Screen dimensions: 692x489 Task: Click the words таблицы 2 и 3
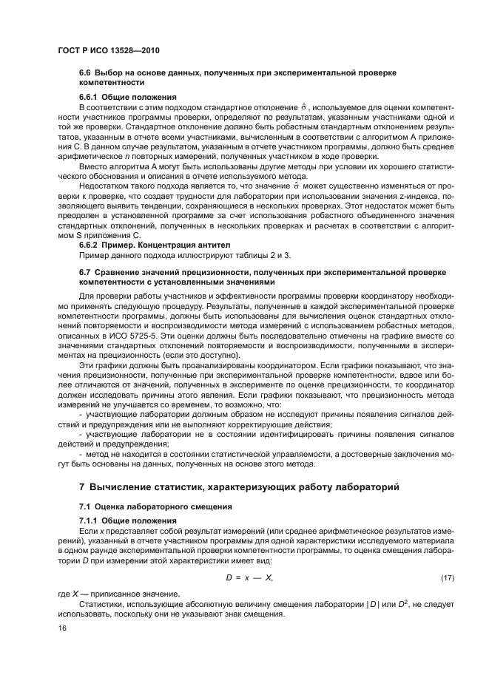[x=267, y=255]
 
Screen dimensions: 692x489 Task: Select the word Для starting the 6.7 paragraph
[x=86, y=296]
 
